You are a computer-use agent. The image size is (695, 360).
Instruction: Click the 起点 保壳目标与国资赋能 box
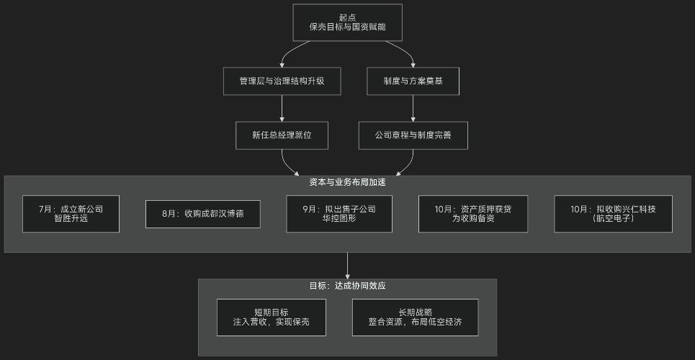347,22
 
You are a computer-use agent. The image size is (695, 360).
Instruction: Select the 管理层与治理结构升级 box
282,81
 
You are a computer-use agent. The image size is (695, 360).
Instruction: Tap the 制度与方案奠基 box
413,81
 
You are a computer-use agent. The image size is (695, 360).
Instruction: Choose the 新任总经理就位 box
282,135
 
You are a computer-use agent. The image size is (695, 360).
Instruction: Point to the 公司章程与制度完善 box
413,135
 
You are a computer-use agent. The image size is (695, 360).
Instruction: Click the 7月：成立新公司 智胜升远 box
71,214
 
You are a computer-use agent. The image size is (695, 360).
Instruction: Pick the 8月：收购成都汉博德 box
202,214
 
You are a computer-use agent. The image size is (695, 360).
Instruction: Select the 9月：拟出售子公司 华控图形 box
339,214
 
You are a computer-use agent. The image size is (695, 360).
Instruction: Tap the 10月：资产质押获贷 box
472,214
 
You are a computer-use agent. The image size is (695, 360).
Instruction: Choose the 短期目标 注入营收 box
271,318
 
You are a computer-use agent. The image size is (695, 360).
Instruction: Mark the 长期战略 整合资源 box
415,318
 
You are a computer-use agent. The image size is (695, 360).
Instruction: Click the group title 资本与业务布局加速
347,182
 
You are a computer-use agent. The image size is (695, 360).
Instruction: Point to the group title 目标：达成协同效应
347,286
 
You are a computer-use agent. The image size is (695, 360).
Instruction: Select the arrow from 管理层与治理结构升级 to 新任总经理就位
282,108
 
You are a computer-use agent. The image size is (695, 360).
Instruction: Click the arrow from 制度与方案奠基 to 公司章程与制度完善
413,108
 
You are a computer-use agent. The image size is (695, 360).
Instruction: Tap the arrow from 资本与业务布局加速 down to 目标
347,264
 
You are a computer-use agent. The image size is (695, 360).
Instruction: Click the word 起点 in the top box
347,17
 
